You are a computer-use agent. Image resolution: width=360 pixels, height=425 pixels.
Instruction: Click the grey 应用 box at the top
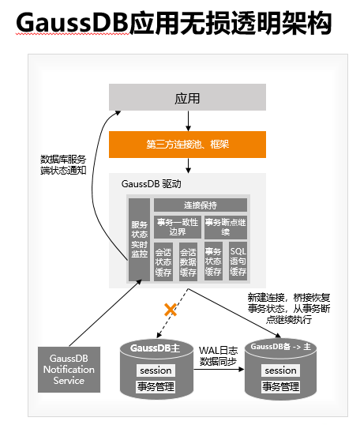click(187, 97)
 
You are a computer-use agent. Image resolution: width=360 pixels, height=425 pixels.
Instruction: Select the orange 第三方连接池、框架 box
click(187, 145)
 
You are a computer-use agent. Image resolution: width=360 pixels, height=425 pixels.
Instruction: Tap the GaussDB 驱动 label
click(151, 184)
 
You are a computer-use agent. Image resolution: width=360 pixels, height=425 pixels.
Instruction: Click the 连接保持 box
click(201, 205)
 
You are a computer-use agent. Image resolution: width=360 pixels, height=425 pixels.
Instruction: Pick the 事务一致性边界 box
click(178, 228)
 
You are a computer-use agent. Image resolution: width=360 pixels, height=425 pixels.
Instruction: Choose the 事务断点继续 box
click(226, 228)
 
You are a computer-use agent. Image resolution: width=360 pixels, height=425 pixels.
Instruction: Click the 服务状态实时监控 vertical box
click(139, 239)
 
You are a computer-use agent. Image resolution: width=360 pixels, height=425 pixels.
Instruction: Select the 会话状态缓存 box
click(163, 261)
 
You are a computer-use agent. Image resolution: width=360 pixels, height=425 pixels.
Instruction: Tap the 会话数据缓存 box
click(188, 261)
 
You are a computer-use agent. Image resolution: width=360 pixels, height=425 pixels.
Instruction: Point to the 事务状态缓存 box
click(213, 261)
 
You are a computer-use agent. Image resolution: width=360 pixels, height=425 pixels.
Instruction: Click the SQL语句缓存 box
click(238, 261)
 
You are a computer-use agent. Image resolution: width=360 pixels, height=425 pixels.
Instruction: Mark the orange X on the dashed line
click(171, 310)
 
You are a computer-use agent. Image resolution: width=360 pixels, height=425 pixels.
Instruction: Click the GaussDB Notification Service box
click(69, 370)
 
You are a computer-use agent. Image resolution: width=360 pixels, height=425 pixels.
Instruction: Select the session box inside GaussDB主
click(156, 370)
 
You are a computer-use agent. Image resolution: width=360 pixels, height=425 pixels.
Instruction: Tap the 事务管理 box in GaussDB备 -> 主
click(280, 386)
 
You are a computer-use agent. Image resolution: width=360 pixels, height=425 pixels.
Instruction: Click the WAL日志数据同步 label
click(219, 356)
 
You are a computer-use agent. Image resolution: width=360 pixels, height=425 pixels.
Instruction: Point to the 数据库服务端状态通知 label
click(63, 164)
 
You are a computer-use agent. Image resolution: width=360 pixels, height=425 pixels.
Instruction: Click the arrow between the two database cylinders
click(219, 369)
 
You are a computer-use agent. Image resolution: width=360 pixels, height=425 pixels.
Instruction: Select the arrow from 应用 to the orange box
click(188, 121)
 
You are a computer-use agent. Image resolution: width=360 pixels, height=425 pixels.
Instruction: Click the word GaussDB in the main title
click(72, 23)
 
